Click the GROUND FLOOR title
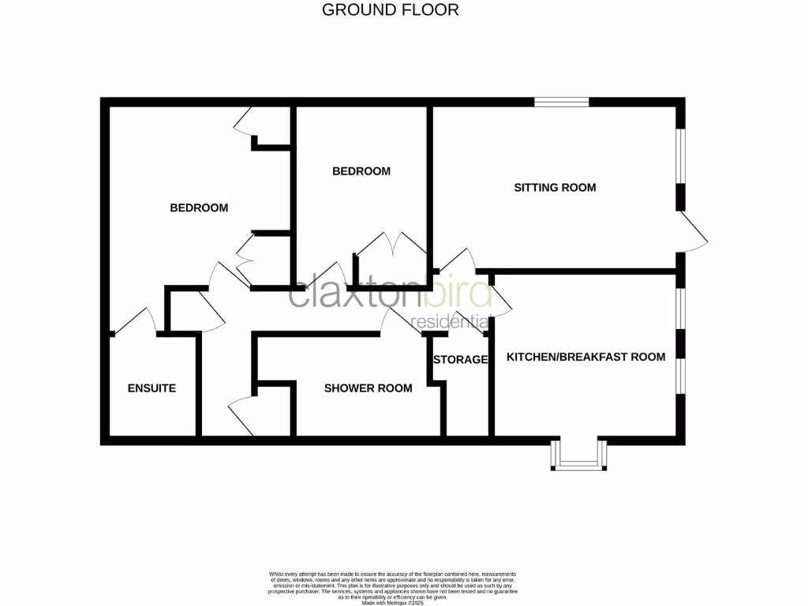(x=391, y=10)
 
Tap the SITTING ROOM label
(x=555, y=188)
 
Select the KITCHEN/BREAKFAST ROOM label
(x=585, y=357)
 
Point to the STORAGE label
(x=460, y=360)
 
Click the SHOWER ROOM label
(x=368, y=388)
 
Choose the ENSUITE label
(x=151, y=388)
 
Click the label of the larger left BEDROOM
(x=199, y=208)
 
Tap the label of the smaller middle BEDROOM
(x=361, y=171)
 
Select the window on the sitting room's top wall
(x=561, y=102)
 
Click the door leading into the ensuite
(x=136, y=321)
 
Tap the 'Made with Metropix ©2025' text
(x=392, y=603)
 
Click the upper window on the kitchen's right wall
(x=680, y=308)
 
